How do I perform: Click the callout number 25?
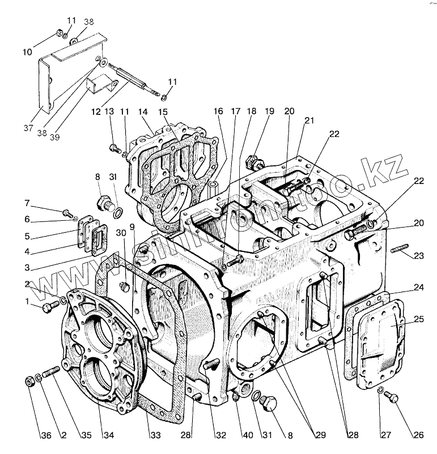click(x=419, y=319)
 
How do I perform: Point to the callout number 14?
click(x=142, y=112)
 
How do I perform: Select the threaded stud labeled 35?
click(x=50, y=374)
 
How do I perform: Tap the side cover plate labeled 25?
click(x=381, y=337)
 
